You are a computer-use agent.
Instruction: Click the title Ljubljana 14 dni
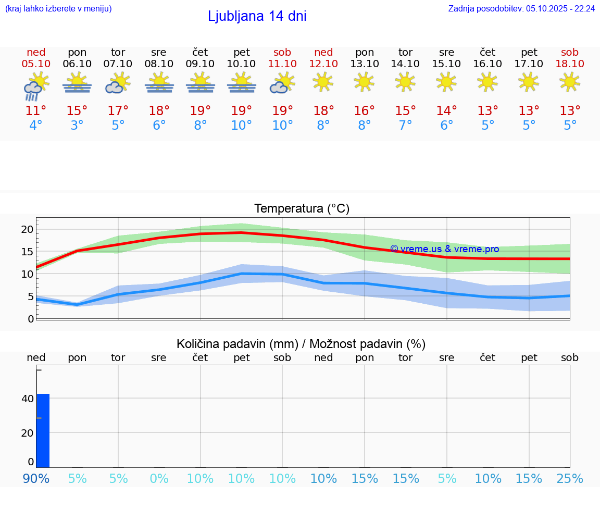click(x=257, y=16)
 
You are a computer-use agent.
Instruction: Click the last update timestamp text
click(x=521, y=8)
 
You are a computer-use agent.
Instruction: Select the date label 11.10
click(x=282, y=64)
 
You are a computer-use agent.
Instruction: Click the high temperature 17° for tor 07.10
click(x=118, y=111)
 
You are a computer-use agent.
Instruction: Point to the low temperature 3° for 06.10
click(x=77, y=126)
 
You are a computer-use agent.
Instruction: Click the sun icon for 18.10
click(x=570, y=82)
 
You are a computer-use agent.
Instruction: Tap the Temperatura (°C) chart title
click(x=302, y=208)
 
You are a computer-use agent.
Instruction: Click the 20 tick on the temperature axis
click(x=27, y=229)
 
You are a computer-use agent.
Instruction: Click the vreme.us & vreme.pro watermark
click(x=444, y=249)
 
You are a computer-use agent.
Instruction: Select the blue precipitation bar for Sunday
click(x=43, y=430)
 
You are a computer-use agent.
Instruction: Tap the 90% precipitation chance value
click(x=36, y=479)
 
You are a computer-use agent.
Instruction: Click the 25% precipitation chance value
click(x=570, y=479)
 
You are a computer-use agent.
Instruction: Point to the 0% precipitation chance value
click(x=159, y=479)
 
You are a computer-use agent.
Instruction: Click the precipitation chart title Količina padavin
click(x=301, y=344)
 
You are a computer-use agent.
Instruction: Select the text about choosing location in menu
click(x=58, y=8)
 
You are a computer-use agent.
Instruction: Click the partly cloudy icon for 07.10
click(x=118, y=83)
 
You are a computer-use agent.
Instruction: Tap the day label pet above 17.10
click(x=529, y=52)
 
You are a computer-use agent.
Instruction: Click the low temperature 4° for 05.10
click(x=36, y=126)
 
